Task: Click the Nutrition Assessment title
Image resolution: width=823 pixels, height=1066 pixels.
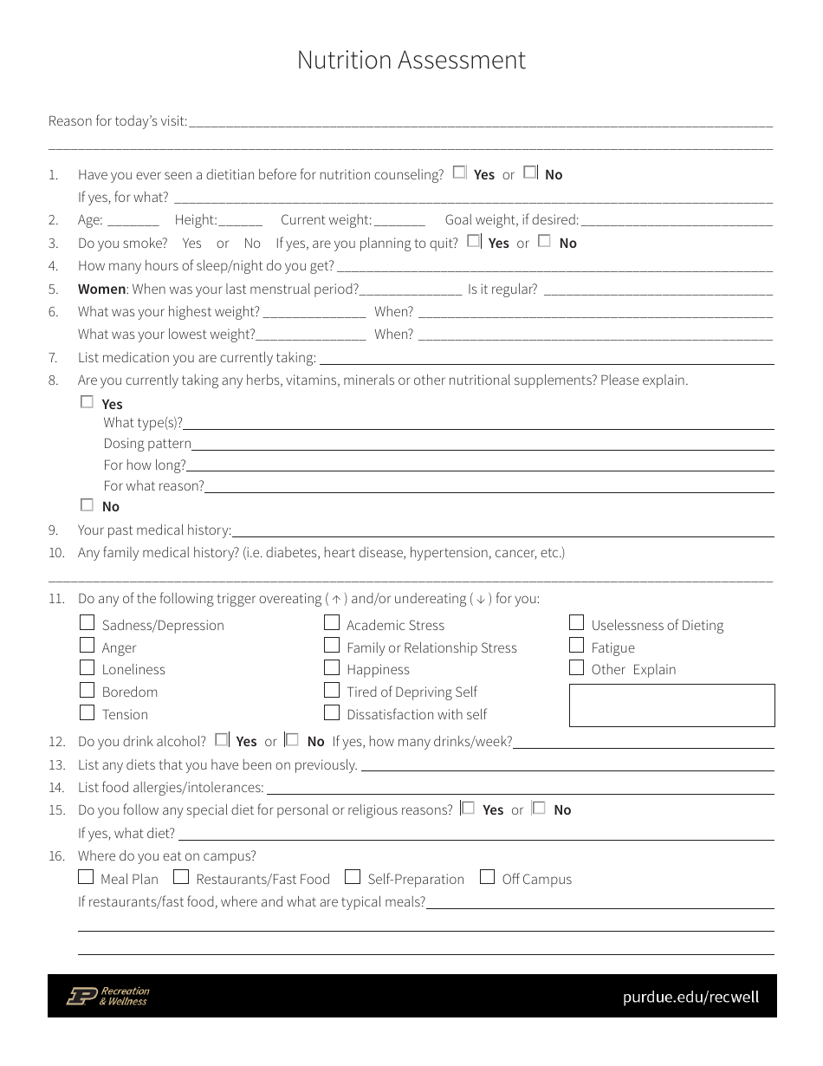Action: tap(411, 60)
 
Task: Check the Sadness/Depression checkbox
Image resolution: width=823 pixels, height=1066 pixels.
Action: tap(87, 622)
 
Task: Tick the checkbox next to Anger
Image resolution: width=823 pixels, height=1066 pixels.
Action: tap(87, 645)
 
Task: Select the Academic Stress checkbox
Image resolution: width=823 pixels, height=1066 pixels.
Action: tap(332, 622)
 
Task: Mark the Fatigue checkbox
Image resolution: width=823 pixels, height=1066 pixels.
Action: tap(577, 645)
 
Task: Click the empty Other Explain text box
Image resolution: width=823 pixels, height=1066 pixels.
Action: tap(671, 705)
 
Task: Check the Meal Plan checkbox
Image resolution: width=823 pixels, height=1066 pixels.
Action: tap(86, 876)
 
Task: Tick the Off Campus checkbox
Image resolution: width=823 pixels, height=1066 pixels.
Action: tap(487, 876)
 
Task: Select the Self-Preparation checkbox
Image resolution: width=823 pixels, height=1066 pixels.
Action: tap(352, 876)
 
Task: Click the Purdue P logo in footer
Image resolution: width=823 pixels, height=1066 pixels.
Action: tap(82, 996)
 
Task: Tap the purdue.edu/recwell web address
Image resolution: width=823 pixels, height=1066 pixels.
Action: tap(690, 997)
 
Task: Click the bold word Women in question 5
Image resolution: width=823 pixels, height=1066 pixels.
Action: tap(101, 289)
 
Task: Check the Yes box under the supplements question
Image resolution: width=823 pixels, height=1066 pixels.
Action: tap(87, 402)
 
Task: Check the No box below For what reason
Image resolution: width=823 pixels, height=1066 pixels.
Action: tap(87, 504)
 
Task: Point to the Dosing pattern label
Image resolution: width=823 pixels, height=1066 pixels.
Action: tap(147, 444)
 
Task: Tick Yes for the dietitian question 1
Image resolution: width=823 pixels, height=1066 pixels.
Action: tap(459, 172)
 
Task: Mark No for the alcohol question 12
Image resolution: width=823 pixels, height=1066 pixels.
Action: tap(293, 739)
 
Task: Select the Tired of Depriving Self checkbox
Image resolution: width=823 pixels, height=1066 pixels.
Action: tap(332, 690)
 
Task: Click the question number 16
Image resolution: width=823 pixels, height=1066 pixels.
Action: tap(56, 856)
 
